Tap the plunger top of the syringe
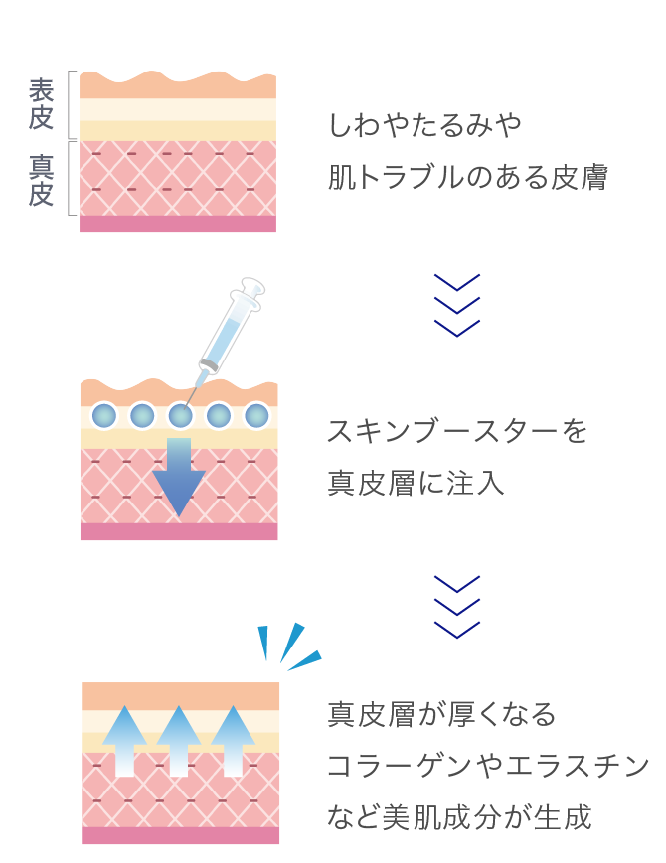[252, 286]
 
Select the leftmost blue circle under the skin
[104, 416]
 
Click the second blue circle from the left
[142, 416]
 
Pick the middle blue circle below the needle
[180, 416]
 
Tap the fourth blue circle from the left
[219, 416]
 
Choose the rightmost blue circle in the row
[256, 416]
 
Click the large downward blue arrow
[179, 477]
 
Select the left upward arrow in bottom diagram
[124, 740]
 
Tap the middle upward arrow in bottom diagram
[179, 740]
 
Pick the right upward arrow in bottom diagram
[233, 740]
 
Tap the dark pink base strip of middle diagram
[179, 532]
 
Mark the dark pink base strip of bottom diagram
[180, 836]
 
